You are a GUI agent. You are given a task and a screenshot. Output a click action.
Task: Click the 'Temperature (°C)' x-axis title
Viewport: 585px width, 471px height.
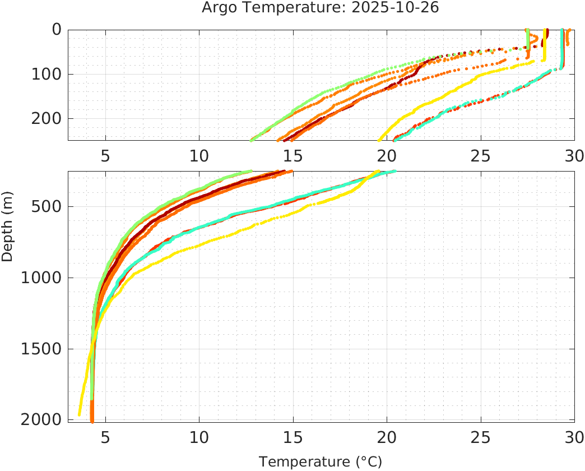(x=321, y=462)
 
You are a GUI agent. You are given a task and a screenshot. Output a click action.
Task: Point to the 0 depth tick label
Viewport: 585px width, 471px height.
(x=57, y=30)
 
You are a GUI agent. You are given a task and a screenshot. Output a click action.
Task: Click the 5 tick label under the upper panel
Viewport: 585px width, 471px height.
(x=105, y=155)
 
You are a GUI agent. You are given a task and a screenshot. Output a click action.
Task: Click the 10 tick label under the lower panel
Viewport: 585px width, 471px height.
(x=199, y=437)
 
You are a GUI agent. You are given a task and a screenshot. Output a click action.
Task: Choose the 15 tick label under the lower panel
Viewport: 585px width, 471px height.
(x=292, y=437)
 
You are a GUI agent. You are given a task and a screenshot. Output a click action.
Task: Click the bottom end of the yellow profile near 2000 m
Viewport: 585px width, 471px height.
(x=80, y=415)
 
